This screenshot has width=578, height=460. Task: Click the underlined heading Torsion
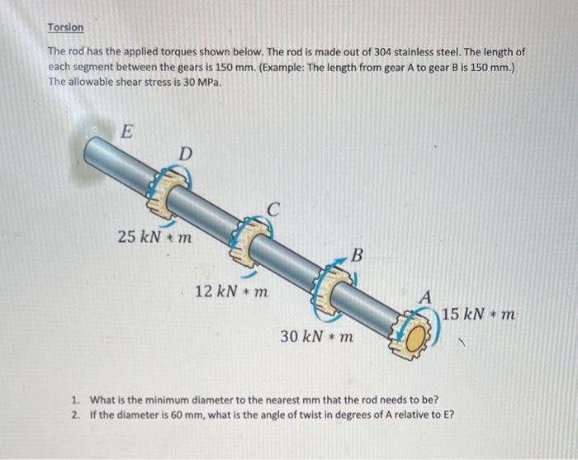point(65,27)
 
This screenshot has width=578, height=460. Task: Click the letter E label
point(126,130)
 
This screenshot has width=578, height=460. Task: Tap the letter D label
point(186,154)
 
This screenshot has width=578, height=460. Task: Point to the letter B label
point(357,255)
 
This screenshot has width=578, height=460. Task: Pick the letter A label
point(424,296)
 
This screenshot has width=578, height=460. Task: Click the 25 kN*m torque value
point(154,237)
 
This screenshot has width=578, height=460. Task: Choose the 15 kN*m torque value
point(479,314)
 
